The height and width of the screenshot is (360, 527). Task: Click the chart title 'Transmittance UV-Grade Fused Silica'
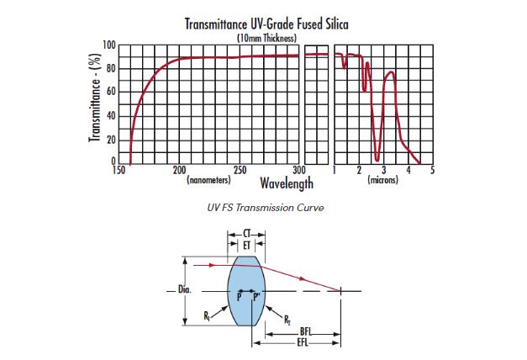point(266,24)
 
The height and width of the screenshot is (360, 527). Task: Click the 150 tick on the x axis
point(119,170)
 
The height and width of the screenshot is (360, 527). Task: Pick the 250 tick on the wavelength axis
point(240,170)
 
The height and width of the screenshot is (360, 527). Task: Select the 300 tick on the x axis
point(299,170)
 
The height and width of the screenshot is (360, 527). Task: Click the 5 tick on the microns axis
point(433,170)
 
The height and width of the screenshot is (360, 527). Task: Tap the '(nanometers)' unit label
point(208,180)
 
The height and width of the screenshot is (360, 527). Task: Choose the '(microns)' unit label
point(382,180)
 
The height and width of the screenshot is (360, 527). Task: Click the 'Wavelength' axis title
point(287,183)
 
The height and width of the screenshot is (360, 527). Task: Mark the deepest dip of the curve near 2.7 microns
point(377,158)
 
